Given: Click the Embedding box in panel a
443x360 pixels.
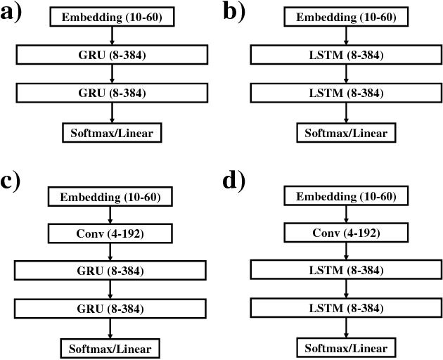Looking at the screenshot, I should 111,17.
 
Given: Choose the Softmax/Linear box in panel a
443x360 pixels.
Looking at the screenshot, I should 111,131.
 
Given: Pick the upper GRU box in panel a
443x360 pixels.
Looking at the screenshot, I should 111,55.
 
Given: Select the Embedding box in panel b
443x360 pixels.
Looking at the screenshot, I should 345,17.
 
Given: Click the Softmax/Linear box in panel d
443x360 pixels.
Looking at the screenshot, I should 345,347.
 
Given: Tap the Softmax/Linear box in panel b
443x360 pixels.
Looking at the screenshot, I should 345,131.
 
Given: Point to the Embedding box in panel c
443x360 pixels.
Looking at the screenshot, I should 109,196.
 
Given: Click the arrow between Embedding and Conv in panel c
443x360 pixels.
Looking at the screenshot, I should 109,214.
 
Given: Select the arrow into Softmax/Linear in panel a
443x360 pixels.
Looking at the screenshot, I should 111,112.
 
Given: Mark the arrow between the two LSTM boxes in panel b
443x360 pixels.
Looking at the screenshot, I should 345,74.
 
